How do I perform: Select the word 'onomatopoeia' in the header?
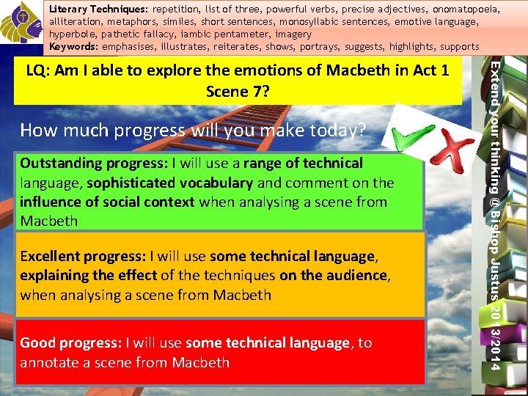coord(468,10)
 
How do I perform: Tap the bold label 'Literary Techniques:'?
coord(98,10)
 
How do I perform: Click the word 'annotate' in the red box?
coord(49,362)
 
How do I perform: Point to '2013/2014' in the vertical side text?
coord(496,337)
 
